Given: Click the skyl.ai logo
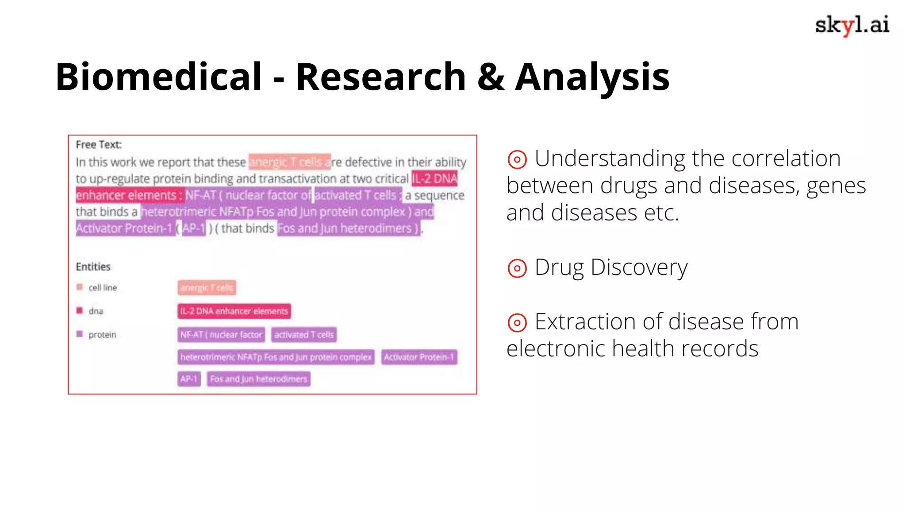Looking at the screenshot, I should coord(852,25).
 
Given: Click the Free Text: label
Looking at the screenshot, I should coord(99,144).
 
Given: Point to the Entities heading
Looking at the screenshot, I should coord(93,267).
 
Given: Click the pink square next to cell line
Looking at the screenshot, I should coord(80,287).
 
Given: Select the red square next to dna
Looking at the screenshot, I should coord(80,310).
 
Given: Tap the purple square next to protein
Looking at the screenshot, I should coord(80,334).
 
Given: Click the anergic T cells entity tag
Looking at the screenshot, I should coord(207,288).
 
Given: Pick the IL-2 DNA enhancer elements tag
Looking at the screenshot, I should coord(234,311).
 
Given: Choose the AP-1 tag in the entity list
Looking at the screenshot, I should coord(189,379).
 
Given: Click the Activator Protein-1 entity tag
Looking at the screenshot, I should coord(419,357).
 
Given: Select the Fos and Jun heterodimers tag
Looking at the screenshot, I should coord(258,379).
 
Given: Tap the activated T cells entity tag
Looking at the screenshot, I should coord(304,335).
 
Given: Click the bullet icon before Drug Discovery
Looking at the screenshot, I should coord(517,268).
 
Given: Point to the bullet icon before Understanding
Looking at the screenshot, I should coord(517,159).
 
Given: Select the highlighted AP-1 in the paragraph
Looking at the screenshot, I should coord(194,228).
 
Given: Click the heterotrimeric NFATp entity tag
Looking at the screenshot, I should coord(276,357).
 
